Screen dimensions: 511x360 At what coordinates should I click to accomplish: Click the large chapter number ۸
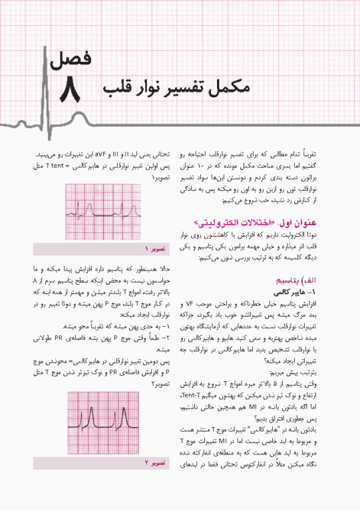69,91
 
